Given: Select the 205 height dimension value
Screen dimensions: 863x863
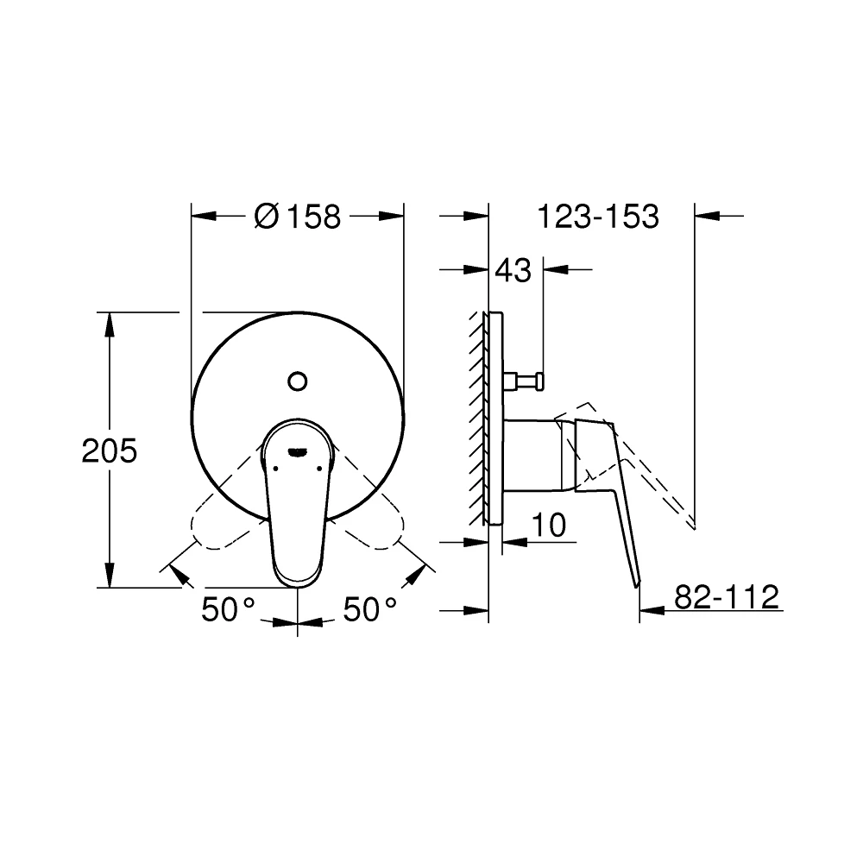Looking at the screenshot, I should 110,450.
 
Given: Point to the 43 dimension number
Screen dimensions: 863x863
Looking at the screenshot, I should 513,271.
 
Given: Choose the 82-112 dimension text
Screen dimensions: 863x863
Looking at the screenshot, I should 726,596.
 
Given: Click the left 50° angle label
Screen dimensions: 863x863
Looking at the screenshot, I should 228,610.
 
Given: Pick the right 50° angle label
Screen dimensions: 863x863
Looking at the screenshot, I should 370,610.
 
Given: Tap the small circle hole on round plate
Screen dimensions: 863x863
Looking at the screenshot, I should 298,380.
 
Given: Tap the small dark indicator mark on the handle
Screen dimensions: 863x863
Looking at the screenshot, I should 298,450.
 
